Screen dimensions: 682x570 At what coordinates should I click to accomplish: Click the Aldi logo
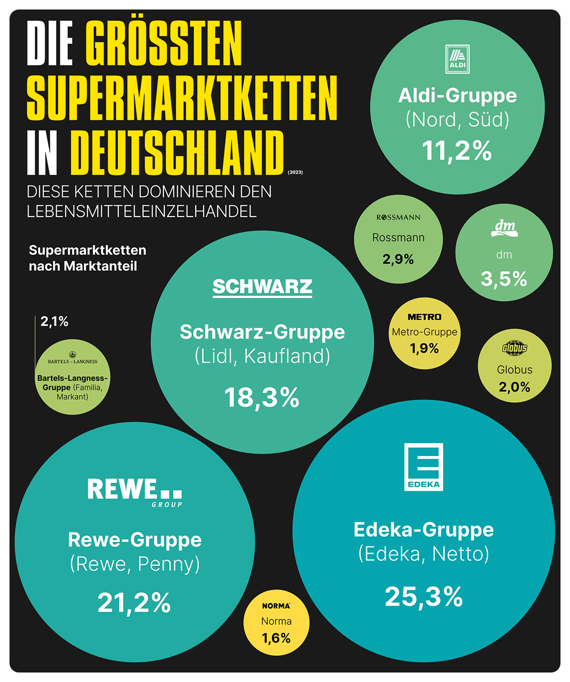pos(457,59)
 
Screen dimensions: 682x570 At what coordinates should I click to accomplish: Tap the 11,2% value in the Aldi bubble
pos(457,151)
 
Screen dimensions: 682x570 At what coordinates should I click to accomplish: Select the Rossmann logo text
pos(399,218)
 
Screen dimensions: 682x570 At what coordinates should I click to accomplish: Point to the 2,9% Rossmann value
pos(398,259)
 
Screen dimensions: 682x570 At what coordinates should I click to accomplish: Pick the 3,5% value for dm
pos(504,279)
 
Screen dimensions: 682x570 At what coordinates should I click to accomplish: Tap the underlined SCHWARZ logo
pos(262,287)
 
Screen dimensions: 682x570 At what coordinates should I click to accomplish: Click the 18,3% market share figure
pos(262,398)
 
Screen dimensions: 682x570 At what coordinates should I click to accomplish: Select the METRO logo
pos(424,317)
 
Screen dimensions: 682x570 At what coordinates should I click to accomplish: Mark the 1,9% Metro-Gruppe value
pos(424,349)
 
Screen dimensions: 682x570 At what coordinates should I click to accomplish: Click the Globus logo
pos(514,348)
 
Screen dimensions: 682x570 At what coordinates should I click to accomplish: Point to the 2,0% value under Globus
pos(514,387)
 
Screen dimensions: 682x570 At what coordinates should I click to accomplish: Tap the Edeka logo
pos(423,467)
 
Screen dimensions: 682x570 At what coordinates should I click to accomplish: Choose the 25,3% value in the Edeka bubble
pos(424,597)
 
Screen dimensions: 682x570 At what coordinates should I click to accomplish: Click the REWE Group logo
pos(135,492)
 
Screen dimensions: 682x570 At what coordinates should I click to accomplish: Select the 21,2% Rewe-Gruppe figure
pos(134,603)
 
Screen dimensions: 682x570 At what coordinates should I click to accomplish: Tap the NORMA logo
pos(276,606)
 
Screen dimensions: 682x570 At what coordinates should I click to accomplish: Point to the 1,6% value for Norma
pos(276,638)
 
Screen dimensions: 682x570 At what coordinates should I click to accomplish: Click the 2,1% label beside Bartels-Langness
pos(55,322)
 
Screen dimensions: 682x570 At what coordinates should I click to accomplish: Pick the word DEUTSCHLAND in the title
pos(177,153)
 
